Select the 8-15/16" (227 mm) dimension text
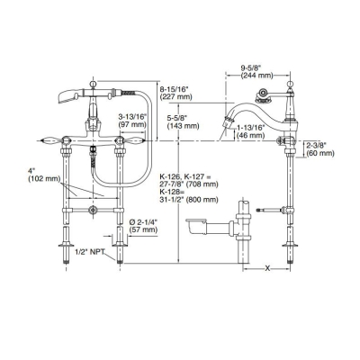point(178,94)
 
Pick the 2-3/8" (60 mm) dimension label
point(321,148)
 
